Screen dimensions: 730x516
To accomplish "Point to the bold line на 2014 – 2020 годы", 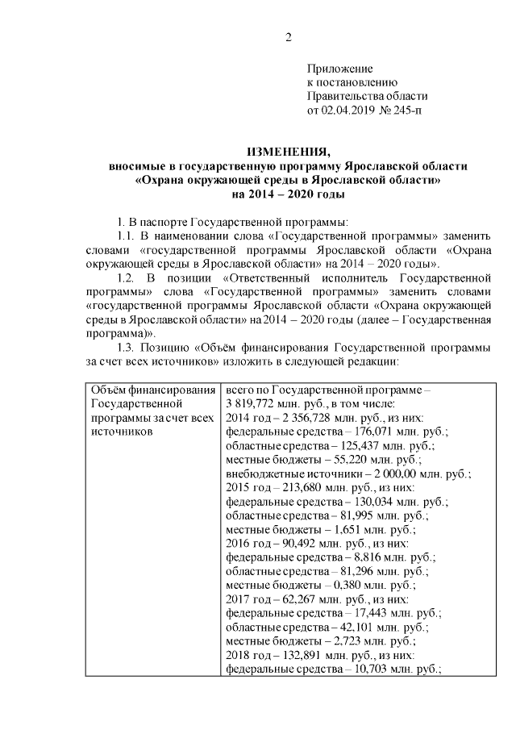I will click(x=288, y=195).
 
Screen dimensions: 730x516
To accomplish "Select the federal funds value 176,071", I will click(x=372, y=432).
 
